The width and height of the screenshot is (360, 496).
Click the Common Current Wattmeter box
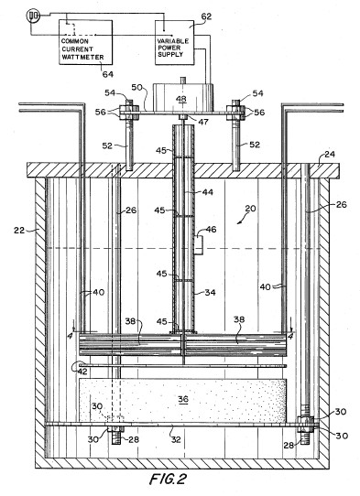pyautogui.click(x=85, y=42)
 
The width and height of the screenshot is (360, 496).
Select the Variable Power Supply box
pyautogui.click(x=174, y=43)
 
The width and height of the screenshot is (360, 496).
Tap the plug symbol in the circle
pyautogui.click(x=33, y=16)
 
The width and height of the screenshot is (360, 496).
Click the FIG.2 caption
pyautogui.click(x=168, y=480)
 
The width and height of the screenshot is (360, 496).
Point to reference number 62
pyautogui.click(x=206, y=16)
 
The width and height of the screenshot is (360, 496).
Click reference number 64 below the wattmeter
pyautogui.click(x=108, y=74)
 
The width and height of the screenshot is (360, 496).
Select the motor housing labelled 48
pyautogui.click(x=183, y=97)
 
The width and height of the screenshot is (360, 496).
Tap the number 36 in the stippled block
pyautogui.click(x=183, y=399)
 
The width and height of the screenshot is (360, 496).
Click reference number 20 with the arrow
pyautogui.click(x=250, y=209)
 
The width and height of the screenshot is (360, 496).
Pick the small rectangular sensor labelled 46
pyautogui.click(x=199, y=245)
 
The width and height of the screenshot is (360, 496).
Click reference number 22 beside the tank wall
pyautogui.click(x=19, y=230)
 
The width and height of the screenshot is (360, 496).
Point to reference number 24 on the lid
pyautogui.click(x=329, y=155)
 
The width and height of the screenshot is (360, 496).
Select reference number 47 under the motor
pyautogui.click(x=203, y=122)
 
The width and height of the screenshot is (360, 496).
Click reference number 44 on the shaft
pyautogui.click(x=208, y=191)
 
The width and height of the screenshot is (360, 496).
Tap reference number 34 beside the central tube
pyautogui.click(x=210, y=293)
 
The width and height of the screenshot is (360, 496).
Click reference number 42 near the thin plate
pyautogui.click(x=83, y=372)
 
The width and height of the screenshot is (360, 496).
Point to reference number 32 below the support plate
pyautogui.click(x=176, y=439)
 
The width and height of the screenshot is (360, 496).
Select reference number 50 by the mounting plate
pyautogui.click(x=136, y=87)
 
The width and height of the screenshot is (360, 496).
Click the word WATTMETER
pyautogui.click(x=82, y=58)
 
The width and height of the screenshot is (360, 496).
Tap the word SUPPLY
pyautogui.click(x=170, y=54)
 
